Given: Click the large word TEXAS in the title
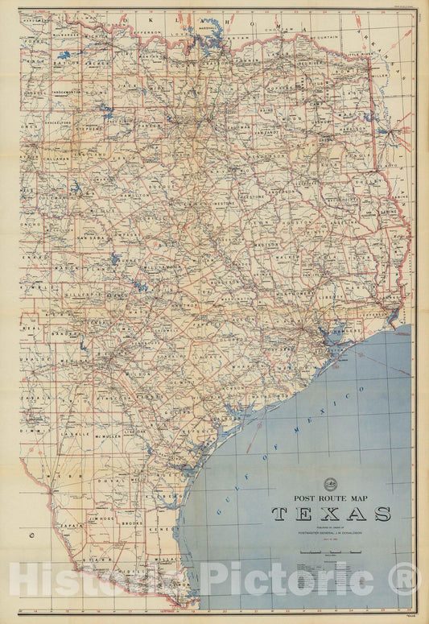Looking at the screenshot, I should pyautogui.click(x=331, y=514).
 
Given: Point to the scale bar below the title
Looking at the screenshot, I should pyautogui.click(x=330, y=552).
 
